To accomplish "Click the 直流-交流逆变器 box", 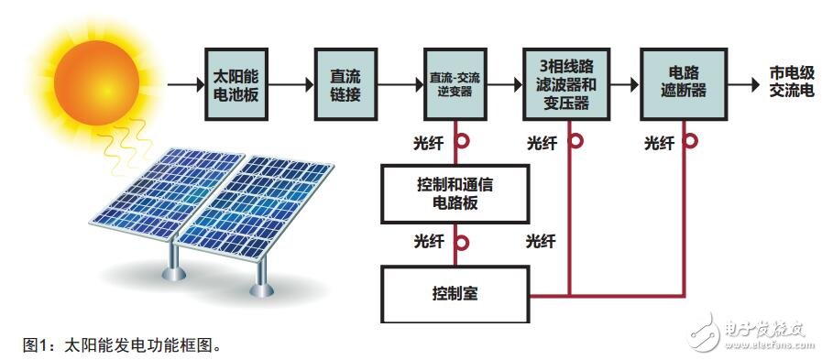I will point(455,85).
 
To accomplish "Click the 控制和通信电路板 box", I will point(455,194).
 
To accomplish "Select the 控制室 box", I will point(455,295).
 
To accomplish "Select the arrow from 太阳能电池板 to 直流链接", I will point(291,85).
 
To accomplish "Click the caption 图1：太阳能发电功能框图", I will point(123,345).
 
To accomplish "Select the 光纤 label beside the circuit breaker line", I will point(659,143).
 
